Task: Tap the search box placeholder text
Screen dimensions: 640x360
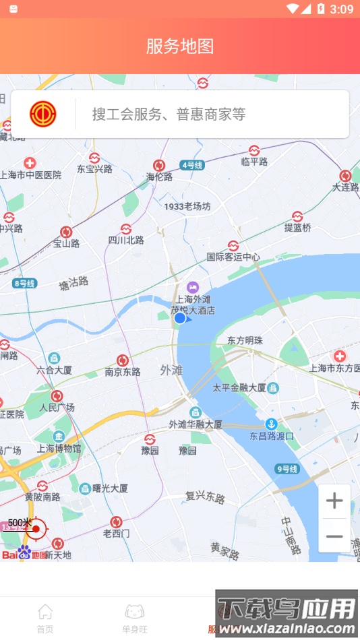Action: (x=169, y=115)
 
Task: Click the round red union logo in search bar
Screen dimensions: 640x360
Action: (x=43, y=114)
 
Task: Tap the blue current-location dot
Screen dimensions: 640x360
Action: (x=180, y=318)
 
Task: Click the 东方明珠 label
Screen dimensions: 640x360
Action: (x=244, y=340)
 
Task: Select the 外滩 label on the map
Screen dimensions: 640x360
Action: (x=171, y=370)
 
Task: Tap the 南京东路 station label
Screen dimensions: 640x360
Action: (x=123, y=372)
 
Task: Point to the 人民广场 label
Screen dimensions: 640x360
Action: (x=57, y=408)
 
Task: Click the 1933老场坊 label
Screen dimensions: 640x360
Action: (x=187, y=206)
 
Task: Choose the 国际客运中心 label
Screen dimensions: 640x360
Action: (x=233, y=257)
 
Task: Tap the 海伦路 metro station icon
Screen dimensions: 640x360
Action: (x=159, y=165)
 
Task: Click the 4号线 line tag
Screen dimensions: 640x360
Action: (x=192, y=164)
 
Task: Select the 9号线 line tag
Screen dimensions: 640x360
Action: (x=287, y=469)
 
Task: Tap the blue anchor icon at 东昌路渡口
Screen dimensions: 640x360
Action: (x=270, y=424)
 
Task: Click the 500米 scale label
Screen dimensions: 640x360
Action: (x=20, y=523)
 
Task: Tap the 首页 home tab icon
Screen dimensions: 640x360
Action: (x=45, y=612)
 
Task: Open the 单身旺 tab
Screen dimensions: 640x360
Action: (x=135, y=617)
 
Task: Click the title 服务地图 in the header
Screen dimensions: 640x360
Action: (x=180, y=46)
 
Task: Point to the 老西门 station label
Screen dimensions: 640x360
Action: (x=116, y=533)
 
